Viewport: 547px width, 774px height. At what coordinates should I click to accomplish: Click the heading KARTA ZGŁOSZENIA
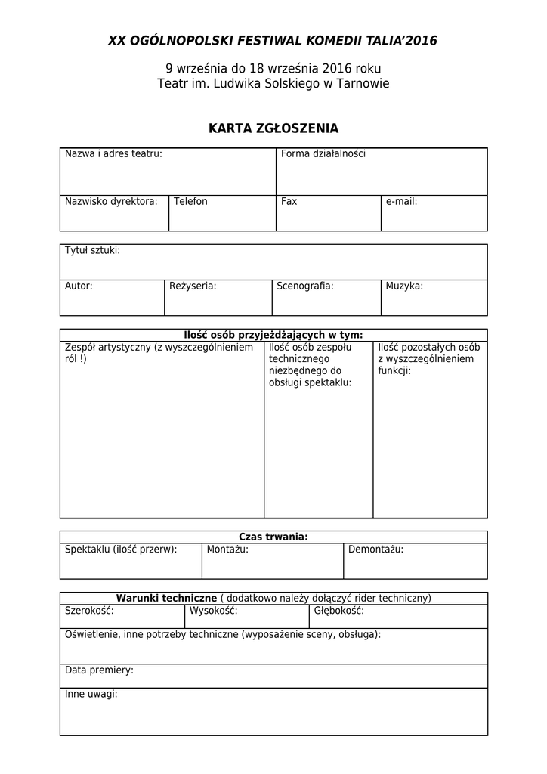click(273, 128)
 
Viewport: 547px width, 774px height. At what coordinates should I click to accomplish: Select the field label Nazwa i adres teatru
click(113, 154)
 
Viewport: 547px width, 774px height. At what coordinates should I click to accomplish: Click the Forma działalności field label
click(323, 154)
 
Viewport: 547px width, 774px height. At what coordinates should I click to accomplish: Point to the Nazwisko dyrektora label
click(111, 202)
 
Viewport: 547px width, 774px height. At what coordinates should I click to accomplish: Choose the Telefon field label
click(190, 202)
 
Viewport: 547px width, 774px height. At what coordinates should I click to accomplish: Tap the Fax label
click(289, 202)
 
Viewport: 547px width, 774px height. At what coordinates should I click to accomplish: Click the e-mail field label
click(401, 202)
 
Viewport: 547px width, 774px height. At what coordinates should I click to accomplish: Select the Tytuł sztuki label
click(92, 250)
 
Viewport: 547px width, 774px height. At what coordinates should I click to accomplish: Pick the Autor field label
click(79, 286)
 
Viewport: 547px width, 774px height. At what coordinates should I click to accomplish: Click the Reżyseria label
click(193, 286)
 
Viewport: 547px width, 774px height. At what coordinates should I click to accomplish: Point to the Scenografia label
click(305, 286)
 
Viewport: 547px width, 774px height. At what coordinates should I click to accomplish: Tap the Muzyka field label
click(404, 286)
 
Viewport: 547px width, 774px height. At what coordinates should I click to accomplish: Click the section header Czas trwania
click(273, 537)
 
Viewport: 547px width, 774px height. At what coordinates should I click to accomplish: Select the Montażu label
click(227, 550)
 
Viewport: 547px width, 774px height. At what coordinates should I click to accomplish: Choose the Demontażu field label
click(376, 550)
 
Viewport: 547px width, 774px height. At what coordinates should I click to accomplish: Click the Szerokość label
click(89, 611)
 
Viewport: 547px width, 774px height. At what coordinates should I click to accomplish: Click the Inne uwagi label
click(91, 694)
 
